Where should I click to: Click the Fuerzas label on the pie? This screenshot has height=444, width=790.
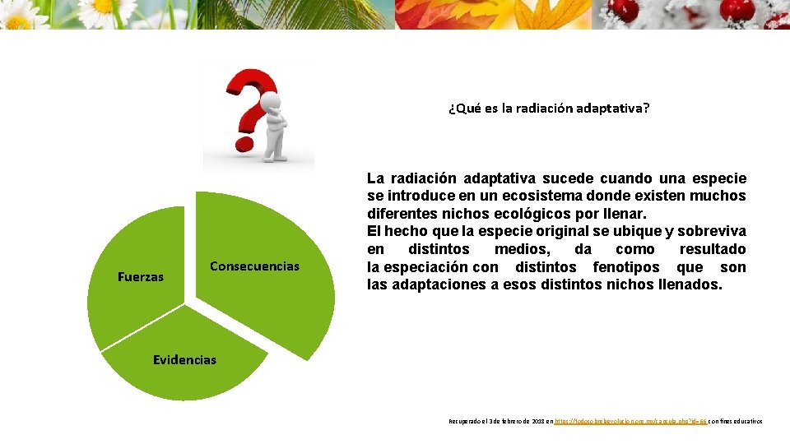[141, 277]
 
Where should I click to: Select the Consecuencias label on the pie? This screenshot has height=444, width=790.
[254, 266]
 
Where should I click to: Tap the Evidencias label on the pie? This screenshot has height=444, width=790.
[185, 359]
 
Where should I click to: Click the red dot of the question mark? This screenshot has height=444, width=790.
[245, 144]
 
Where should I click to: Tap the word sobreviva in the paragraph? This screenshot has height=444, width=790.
[710, 231]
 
